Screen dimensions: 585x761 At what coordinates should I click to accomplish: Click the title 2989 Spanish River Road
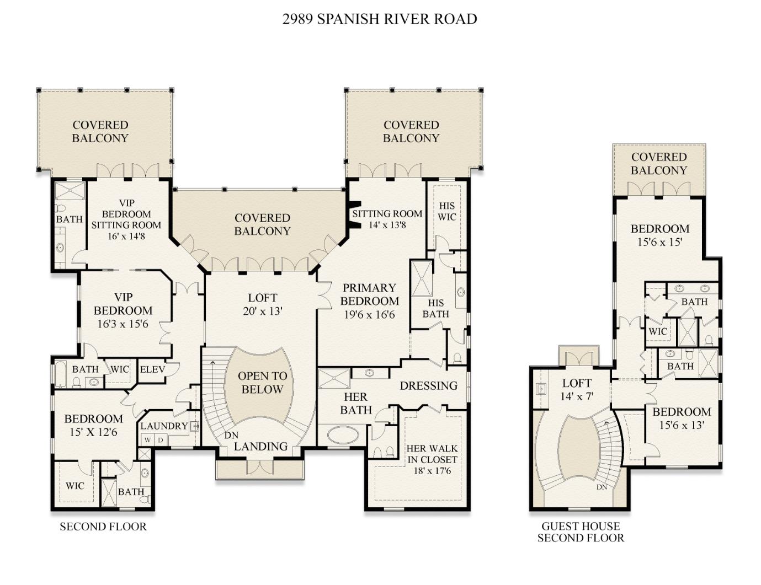(380, 19)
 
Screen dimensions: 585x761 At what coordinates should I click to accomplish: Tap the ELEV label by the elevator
(152, 369)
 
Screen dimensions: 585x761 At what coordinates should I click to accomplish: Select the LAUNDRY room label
(164, 426)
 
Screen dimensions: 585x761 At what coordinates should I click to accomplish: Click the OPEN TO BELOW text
(262, 383)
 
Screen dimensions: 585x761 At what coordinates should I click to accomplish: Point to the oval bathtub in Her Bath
(342, 434)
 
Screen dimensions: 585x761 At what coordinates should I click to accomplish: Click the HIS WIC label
(446, 212)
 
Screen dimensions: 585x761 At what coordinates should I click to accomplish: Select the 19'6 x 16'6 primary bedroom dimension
(369, 315)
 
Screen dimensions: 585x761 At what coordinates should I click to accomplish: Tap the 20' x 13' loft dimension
(262, 311)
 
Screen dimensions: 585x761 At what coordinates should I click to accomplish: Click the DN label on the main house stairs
(231, 436)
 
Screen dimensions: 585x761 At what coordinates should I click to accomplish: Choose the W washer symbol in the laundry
(147, 440)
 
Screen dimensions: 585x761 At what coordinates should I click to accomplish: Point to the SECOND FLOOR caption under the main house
(103, 527)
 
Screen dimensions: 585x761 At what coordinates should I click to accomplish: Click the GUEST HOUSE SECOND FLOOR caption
(581, 532)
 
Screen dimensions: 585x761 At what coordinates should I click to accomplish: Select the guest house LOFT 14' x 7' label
(577, 389)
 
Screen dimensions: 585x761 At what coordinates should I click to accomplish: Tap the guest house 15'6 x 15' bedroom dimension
(660, 242)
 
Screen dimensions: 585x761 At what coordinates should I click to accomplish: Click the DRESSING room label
(428, 385)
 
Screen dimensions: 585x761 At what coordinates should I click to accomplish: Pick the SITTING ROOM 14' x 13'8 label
(387, 219)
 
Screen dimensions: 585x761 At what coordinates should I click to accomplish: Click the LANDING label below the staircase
(260, 447)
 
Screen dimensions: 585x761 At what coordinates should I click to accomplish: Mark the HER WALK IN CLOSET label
(432, 459)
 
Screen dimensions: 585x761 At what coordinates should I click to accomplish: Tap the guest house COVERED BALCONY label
(659, 164)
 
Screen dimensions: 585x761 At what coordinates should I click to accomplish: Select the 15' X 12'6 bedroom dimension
(93, 432)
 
